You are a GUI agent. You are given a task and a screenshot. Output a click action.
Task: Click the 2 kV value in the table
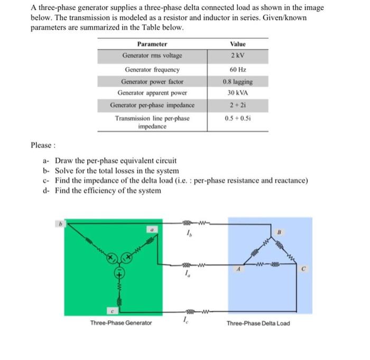pyautogui.click(x=237, y=56)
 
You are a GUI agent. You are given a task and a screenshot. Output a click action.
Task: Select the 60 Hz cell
pyautogui.click(x=237, y=69)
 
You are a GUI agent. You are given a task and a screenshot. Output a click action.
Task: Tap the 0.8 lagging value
pyautogui.click(x=237, y=82)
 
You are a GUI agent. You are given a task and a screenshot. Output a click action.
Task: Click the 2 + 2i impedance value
pyautogui.click(x=237, y=105)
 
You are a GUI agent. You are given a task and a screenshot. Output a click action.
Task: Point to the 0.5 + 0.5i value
pyautogui.click(x=237, y=118)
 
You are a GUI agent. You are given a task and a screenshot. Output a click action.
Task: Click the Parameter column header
pyautogui.click(x=152, y=44)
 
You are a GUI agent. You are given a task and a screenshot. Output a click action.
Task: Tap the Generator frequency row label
pyautogui.click(x=152, y=69)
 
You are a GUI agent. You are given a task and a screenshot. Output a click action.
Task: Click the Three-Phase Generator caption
pyautogui.click(x=121, y=323)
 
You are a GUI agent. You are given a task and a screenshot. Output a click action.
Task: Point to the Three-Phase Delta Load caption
pyautogui.click(x=258, y=323)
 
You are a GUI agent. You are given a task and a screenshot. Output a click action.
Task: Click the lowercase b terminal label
pyautogui.click(x=60, y=224)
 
